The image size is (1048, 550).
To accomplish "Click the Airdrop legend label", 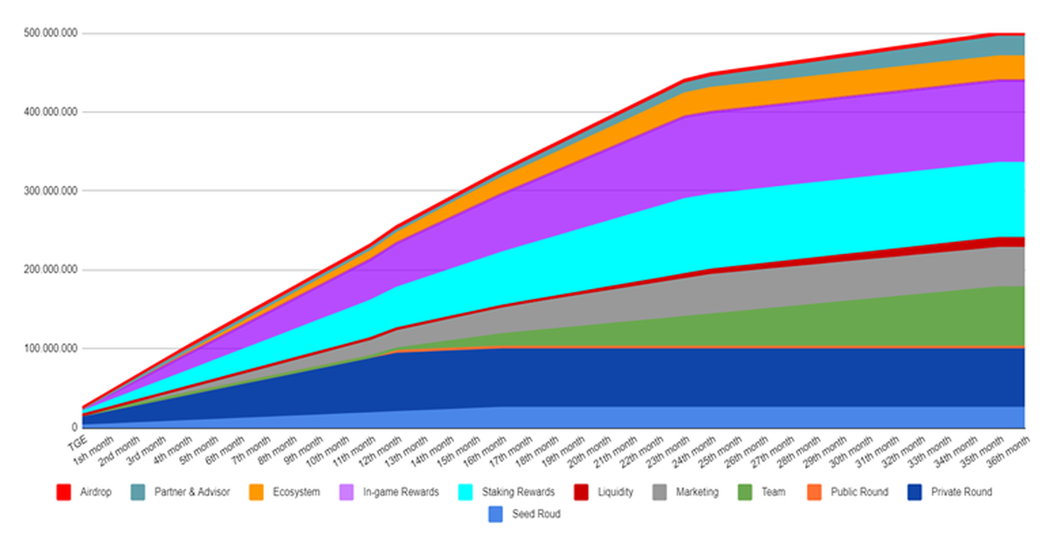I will coord(94,492).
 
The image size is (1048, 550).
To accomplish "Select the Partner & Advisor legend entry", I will coord(190,492).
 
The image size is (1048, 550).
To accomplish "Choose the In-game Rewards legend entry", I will coord(401,492).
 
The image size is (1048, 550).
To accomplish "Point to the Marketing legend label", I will coord(696,492).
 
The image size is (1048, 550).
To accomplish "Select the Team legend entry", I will coord(772,492).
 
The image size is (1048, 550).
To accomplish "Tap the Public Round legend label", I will coord(859,492).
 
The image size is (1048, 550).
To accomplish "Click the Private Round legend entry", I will coord(962,492).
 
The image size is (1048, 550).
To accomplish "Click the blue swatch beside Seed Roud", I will coord(496,514).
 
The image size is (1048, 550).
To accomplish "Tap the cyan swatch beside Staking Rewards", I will coord(466,492).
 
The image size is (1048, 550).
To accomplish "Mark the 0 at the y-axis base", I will coord(74,428).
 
